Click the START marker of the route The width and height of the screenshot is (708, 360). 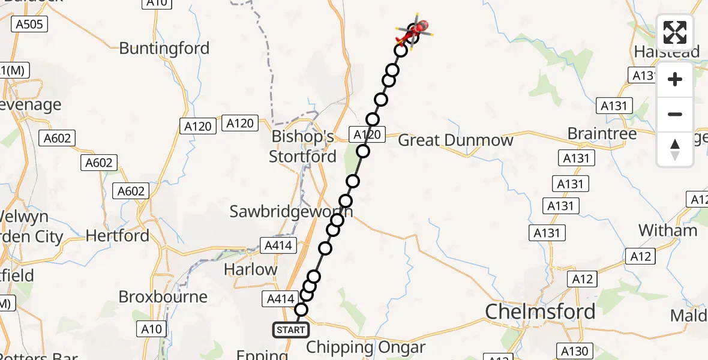click(291, 330)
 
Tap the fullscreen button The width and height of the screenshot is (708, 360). click(675, 32)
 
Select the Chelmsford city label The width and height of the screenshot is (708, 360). click(540, 311)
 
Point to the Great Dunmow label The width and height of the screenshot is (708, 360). click(456, 140)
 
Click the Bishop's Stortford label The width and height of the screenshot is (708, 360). click(302, 146)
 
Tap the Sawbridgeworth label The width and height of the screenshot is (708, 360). click(291, 211)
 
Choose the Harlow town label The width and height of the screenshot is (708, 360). click(251, 269)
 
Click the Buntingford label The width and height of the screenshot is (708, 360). click(164, 48)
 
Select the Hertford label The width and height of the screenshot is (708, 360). click(118, 236)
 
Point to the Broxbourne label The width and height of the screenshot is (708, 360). click(163, 296)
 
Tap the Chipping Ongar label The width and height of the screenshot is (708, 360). click(366, 347)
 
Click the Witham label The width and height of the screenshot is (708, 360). click(668, 230)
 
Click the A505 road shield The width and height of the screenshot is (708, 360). click(28, 23)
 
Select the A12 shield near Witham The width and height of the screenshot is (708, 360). click(640, 257)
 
